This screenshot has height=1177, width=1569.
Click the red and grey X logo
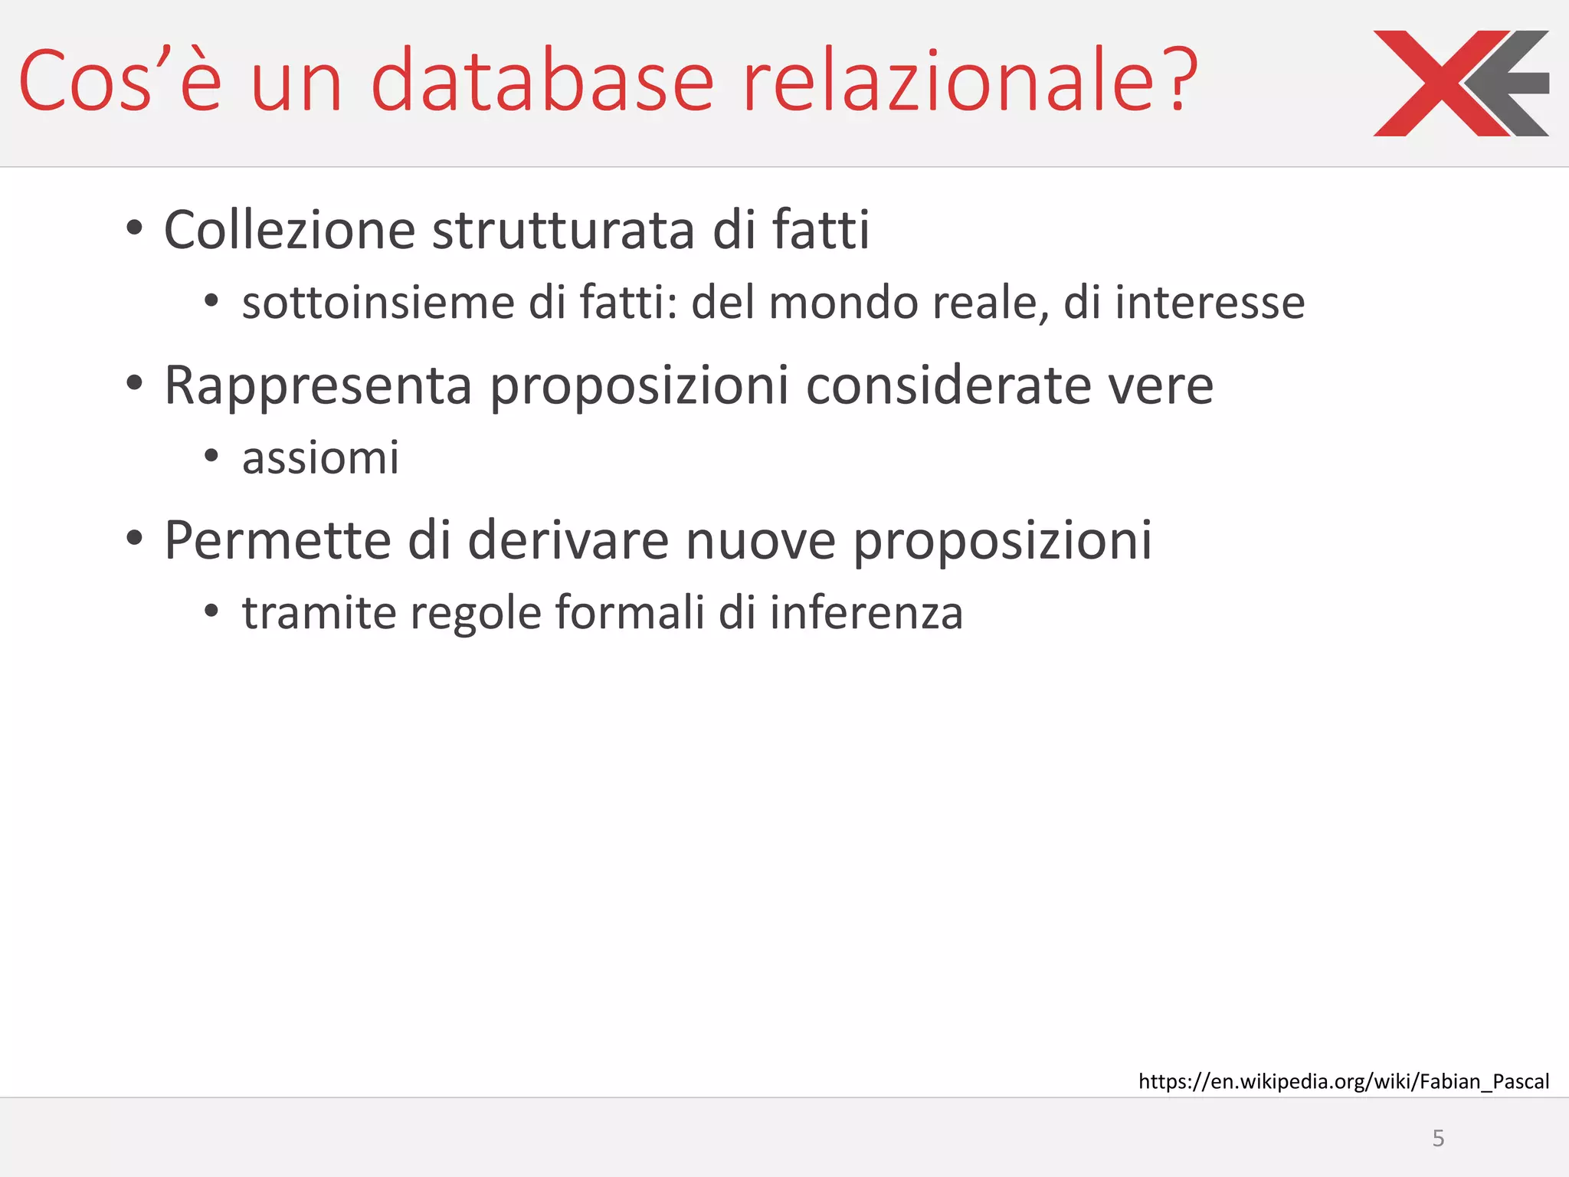pos(1460,84)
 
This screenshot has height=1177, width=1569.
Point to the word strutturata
pos(563,230)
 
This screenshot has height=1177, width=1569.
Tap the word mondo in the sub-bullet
pos(843,303)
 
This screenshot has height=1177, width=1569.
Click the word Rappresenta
pos(318,385)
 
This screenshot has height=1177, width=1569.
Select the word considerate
pos(948,385)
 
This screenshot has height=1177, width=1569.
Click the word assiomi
pos(320,458)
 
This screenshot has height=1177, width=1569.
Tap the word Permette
pos(277,541)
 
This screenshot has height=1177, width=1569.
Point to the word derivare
pos(568,541)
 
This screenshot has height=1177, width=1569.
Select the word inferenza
pos(866,613)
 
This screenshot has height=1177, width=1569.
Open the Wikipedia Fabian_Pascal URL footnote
pos(1343,1081)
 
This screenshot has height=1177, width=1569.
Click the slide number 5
pos(1438,1138)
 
